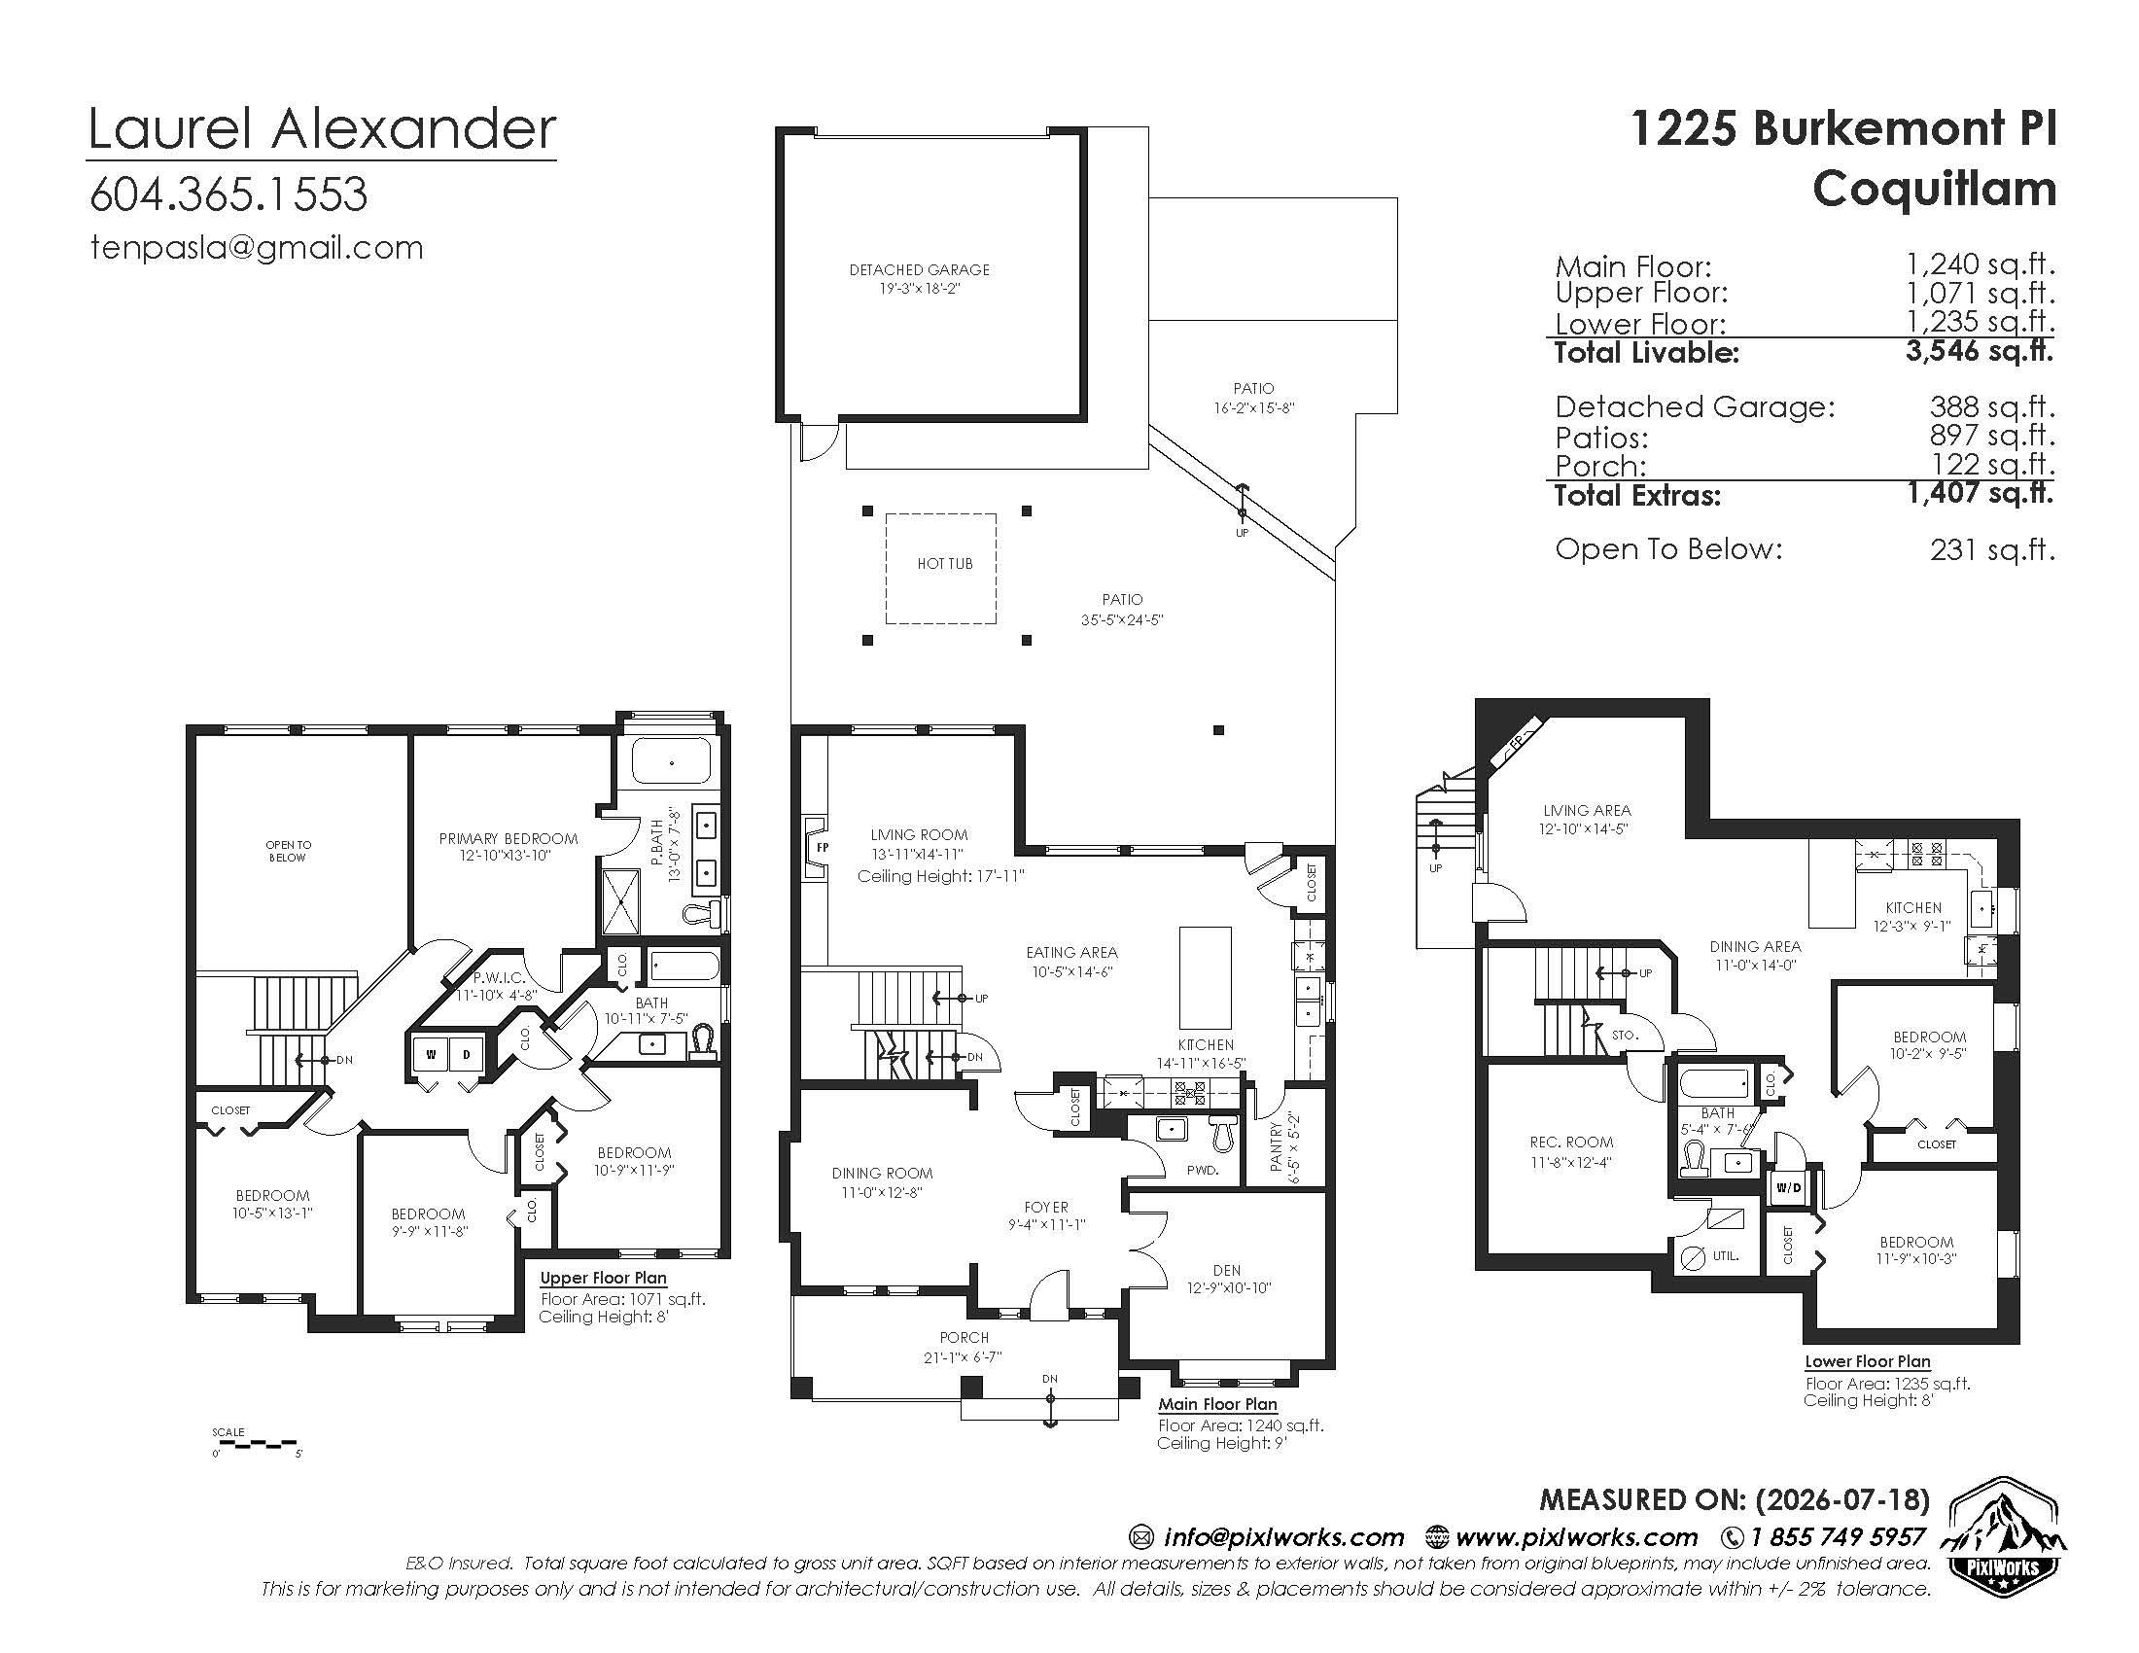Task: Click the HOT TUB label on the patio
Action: pos(945,564)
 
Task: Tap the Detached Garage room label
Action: pos(920,270)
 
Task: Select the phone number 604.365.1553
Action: pos(229,193)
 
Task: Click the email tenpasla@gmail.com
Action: pos(257,248)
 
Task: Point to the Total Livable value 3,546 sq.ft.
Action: pos(1980,351)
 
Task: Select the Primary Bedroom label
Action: pos(508,839)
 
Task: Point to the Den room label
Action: pos(1227,1270)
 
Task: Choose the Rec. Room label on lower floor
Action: pos(1571,1143)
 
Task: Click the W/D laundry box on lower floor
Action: pos(1788,1188)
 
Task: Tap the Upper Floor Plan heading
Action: pos(604,1278)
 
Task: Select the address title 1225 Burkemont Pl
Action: pos(1844,128)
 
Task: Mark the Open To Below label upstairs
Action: pos(288,851)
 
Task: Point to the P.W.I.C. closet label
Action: pos(500,978)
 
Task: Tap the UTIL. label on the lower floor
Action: pos(1726,1255)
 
